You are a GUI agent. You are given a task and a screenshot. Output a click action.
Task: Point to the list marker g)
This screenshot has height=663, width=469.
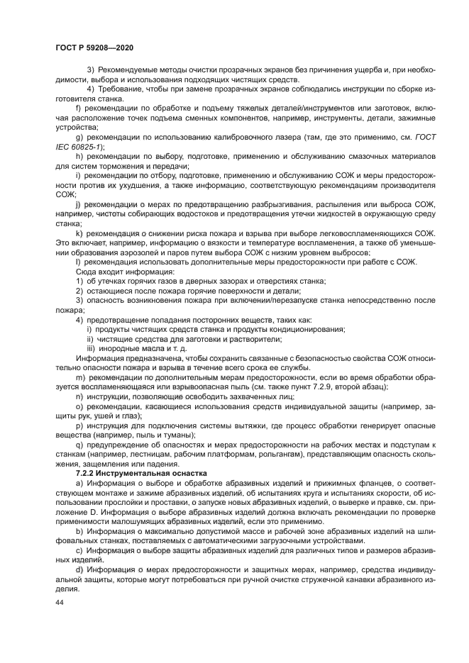click(79, 136)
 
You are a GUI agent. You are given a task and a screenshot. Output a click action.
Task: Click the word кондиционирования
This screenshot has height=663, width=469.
click(307, 330)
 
